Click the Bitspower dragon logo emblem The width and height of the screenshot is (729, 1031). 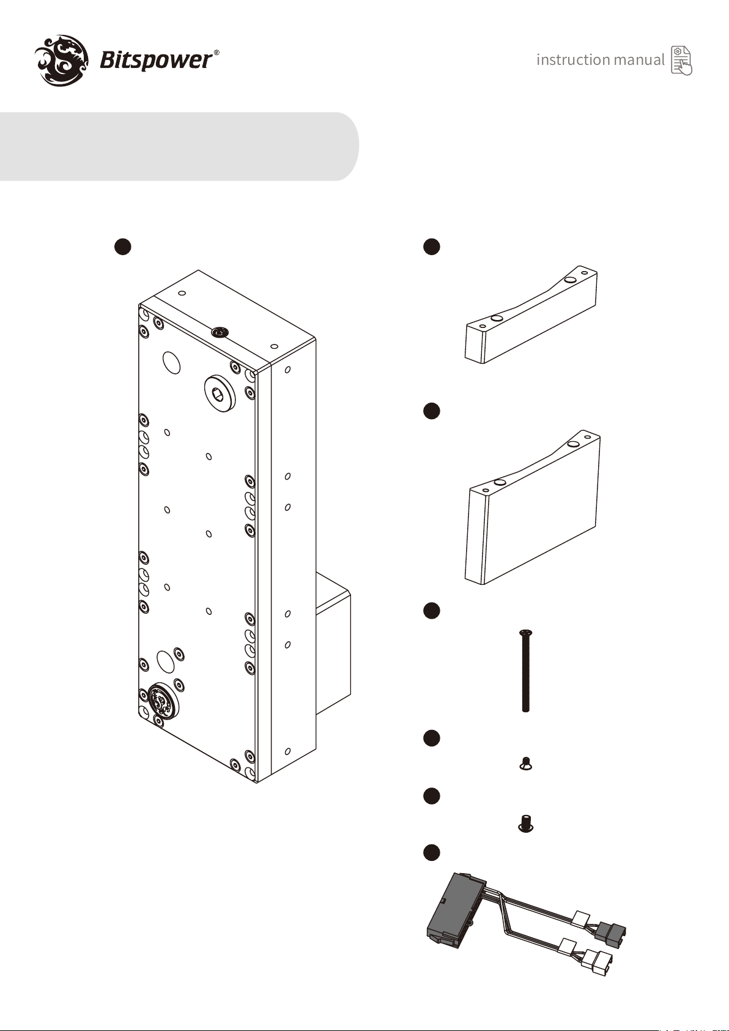coord(62,60)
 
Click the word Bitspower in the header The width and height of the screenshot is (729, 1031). coord(156,61)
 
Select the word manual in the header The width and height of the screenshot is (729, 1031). coord(639,59)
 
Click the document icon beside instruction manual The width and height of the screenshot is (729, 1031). coord(682,61)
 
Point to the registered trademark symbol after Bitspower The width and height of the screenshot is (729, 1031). coord(216,53)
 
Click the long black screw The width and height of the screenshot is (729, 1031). coord(526,671)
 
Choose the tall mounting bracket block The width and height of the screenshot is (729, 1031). coord(533,507)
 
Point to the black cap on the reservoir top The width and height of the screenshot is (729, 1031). coord(220,332)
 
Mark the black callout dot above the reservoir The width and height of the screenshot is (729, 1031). coord(123,246)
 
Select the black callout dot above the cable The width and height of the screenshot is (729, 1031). coord(431,852)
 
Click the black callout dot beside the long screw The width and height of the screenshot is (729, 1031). coord(431,610)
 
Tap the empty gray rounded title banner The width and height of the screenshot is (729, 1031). coord(179,146)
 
